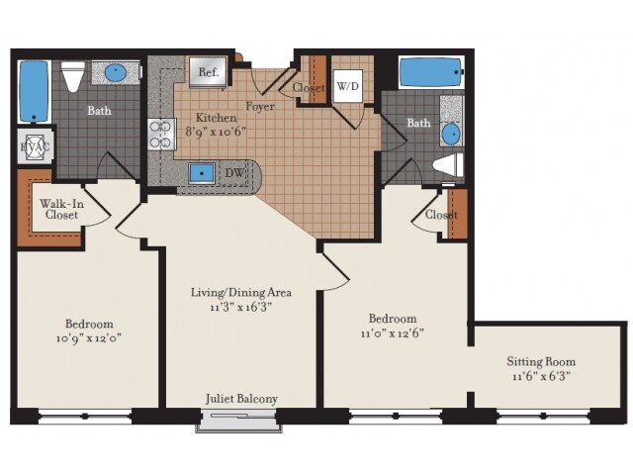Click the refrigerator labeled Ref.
(x=209, y=72)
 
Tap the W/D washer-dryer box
(x=347, y=86)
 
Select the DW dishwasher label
(x=234, y=173)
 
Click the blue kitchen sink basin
(x=202, y=173)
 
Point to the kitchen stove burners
(x=160, y=135)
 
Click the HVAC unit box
(x=36, y=146)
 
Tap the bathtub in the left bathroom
(x=34, y=92)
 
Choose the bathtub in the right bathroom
(x=431, y=72)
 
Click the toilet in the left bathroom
(x=73, y=76)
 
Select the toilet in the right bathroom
(x=448, y=166)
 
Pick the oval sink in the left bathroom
(x=116, y=72)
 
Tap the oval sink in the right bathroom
(x=451, y=135)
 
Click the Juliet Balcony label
(x=241, y=399)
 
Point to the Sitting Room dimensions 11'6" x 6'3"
(x=541, y=376)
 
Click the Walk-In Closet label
(x=61, y=209)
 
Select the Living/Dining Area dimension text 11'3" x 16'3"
(x=240, y=307)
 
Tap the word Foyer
(x=260, y=107)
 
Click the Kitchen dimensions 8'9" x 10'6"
(x=216, y=132)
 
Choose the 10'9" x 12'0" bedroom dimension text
(x=89, y=337)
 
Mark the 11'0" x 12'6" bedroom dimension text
(x=393, y=333)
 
